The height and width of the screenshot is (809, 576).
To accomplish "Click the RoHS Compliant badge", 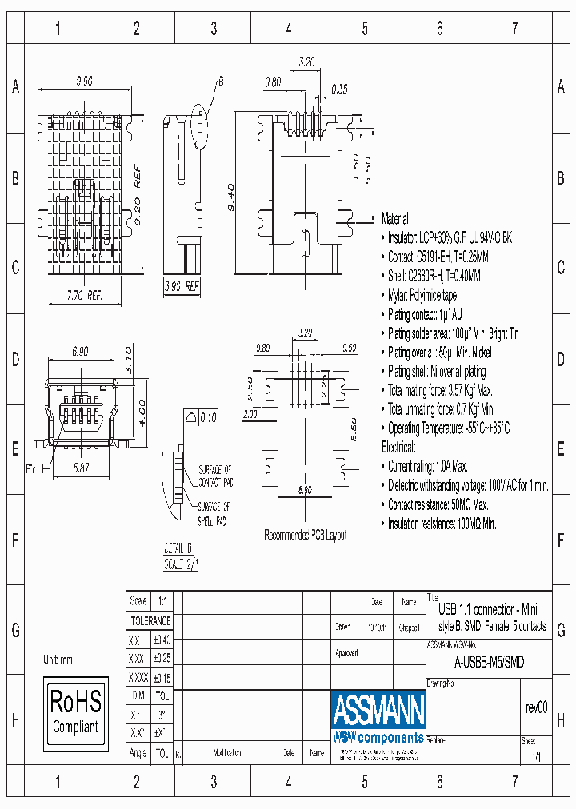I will point(76,711).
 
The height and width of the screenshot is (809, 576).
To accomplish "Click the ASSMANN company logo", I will point(378,708).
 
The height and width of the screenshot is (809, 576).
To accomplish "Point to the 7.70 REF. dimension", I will point(84,296).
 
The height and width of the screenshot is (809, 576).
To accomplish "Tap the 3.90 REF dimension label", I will point(181,285).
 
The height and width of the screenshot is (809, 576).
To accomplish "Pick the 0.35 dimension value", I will point(338,90).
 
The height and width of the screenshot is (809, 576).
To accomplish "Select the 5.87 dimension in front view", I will point(80,469).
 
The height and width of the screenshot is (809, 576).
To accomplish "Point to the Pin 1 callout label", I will point(35,468).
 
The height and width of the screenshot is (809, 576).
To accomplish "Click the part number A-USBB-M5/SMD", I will point(489,661).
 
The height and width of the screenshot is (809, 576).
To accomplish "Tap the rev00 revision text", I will point(536,707).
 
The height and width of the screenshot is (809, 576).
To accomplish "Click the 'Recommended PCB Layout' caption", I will point(306,536).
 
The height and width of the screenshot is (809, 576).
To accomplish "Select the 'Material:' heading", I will point(396,218).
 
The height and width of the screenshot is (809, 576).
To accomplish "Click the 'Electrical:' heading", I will point(398,448).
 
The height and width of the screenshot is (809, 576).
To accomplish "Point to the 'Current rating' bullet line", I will point(428,467).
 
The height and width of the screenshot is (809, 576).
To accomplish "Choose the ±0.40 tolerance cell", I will point(162,640).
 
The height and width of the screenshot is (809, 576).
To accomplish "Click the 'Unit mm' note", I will point(58,660).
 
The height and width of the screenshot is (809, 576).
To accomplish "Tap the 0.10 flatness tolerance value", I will point(208,417).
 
